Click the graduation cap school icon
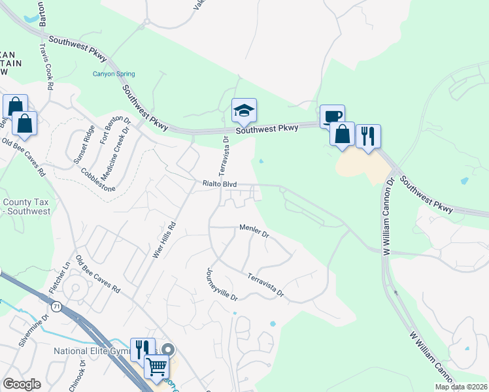[244, 110]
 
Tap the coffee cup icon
[332, 116]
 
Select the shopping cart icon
[157, 367]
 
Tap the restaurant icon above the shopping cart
[143, 350]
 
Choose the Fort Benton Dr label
[107, 131]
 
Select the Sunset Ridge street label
[85, 145]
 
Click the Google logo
[22, 384]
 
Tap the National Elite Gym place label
[92, 351]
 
